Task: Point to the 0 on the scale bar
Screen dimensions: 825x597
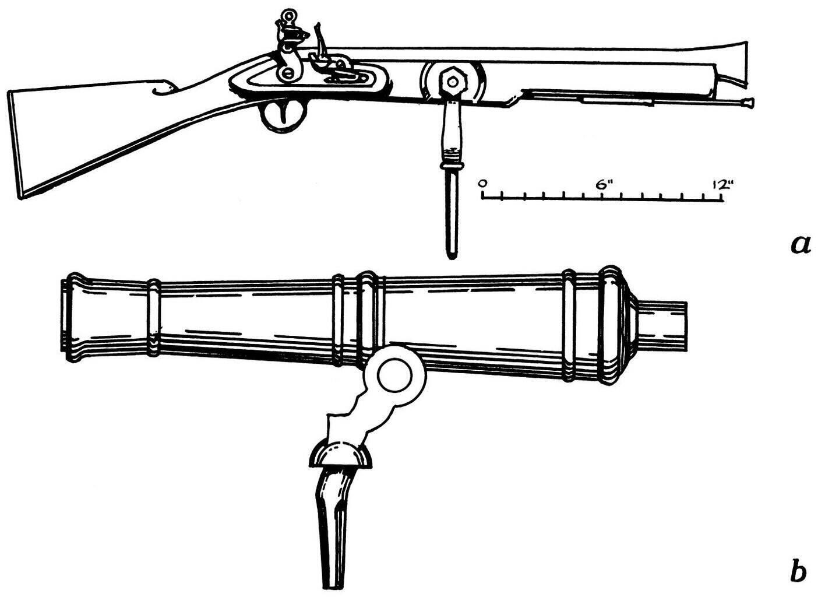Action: coord(482,184)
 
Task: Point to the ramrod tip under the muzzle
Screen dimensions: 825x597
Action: coord(746,104)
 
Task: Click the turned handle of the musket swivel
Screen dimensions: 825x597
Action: coord(452,128)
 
